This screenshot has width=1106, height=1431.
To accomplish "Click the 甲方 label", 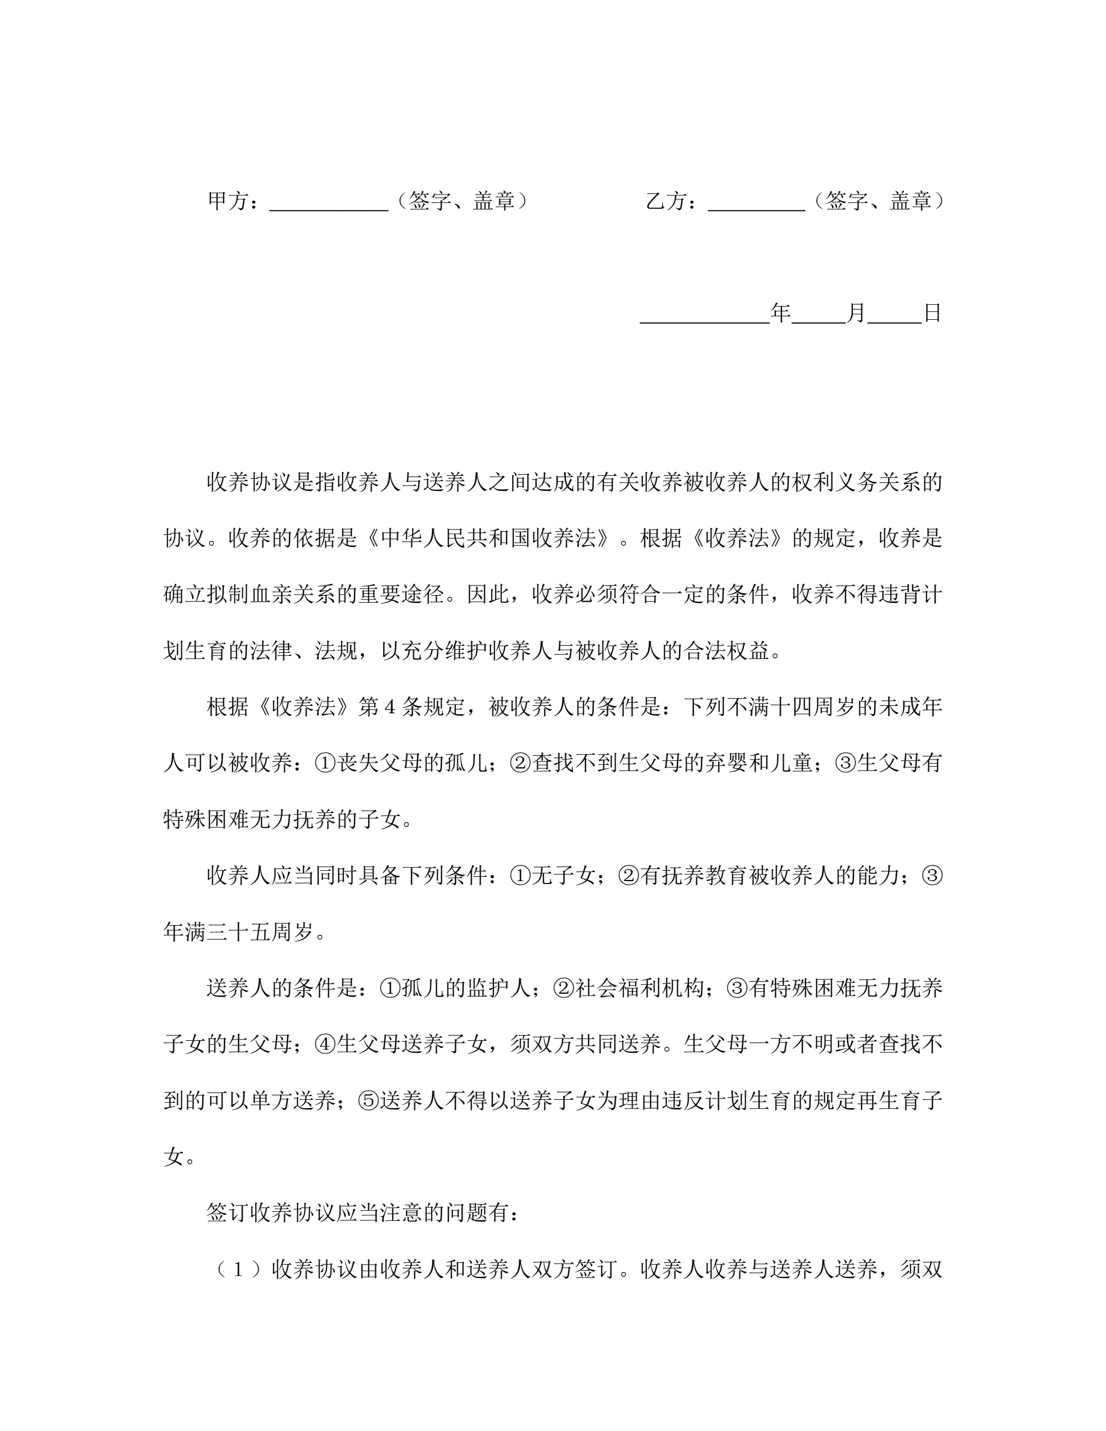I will coord(228,201).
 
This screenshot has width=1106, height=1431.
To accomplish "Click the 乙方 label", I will coord(666,201).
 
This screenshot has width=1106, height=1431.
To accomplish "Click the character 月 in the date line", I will coord(856,313).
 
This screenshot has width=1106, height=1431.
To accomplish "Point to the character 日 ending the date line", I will coord(932,313).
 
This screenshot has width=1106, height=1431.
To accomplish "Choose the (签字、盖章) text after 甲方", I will coord(462,201).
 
